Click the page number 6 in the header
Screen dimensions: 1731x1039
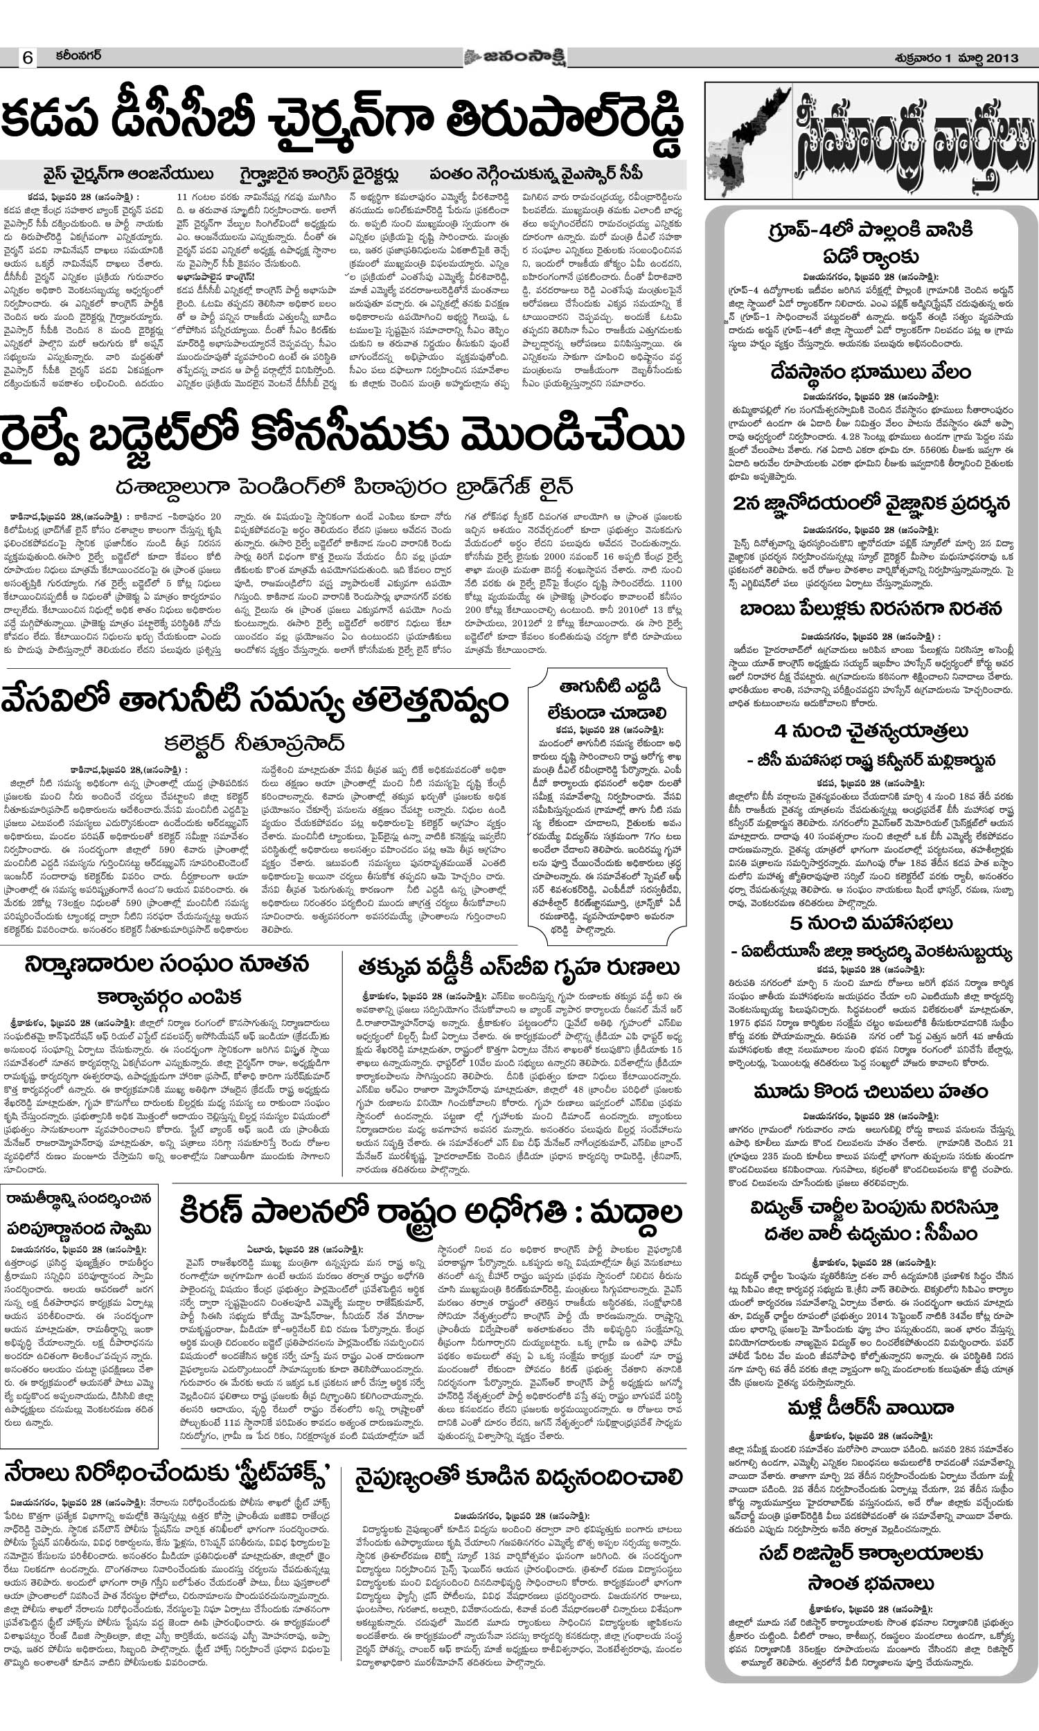coord(28,58)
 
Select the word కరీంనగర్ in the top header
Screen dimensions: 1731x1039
coord(78,56)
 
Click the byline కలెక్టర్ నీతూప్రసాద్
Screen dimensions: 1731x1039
coord(255,742)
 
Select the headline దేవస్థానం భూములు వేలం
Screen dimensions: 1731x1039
coord(870,372)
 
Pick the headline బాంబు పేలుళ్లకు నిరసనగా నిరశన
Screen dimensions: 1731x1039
coord(870,609)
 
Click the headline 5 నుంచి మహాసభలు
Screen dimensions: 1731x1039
coord(870,923)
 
